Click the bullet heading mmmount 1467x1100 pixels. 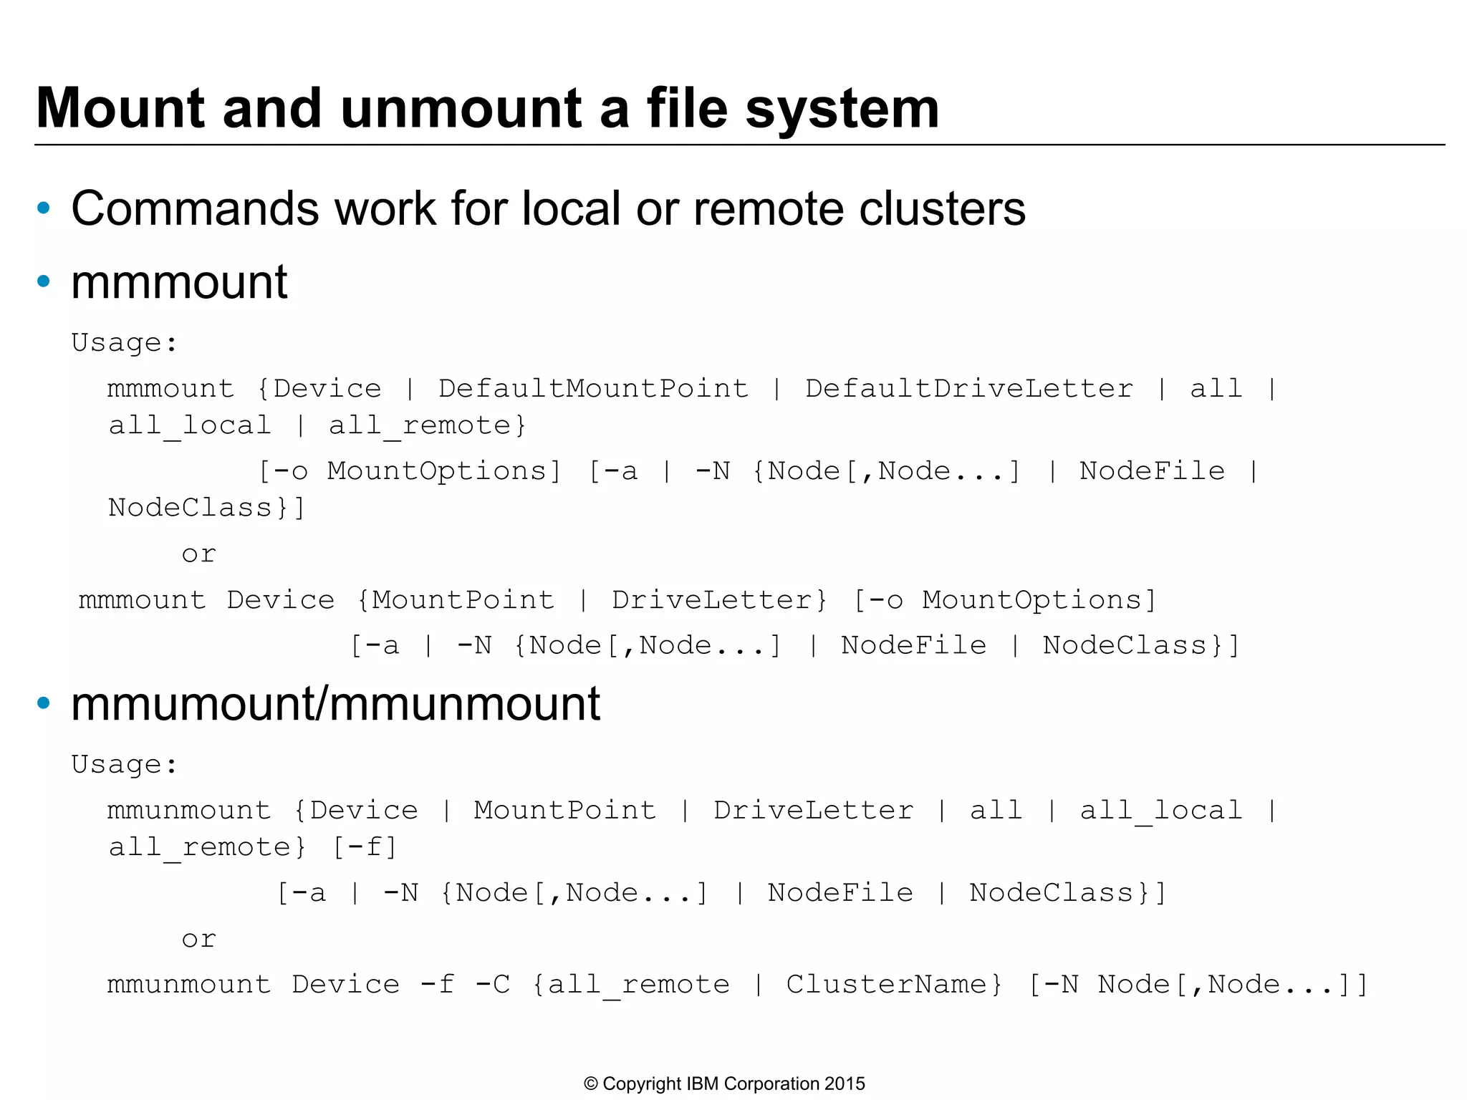pyautogui.click(x=179, y=282)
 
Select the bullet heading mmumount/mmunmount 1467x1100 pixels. pyautogui.click(x=335, y=704)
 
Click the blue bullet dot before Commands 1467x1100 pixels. pyautogui.click(x=44, y=208)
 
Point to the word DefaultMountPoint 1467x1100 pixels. pyautogui.click(x=593, y=389)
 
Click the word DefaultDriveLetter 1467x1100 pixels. pyautogui.click(x=969, y=389)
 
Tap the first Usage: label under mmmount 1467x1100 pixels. pyautogui.click(x=125, y=343)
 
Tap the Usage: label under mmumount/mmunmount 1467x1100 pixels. pyautogui.click(x=125, y=765)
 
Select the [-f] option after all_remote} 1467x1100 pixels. pyautogui.click(x=365, y=848)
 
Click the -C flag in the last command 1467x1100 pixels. pyautogui.click(x=493, y=985)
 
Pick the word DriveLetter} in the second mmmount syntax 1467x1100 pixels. pyautogui.click(x=719, y=600)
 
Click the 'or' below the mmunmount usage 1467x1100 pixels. pyautogui.click(x=198, y=940)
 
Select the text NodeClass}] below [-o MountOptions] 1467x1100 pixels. pyautogui.click(x=207, y=508)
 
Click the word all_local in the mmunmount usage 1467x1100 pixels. pyautogui.click(x=1160, y=811)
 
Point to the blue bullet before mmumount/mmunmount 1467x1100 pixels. pyautogui.click(x=44, y=703)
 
